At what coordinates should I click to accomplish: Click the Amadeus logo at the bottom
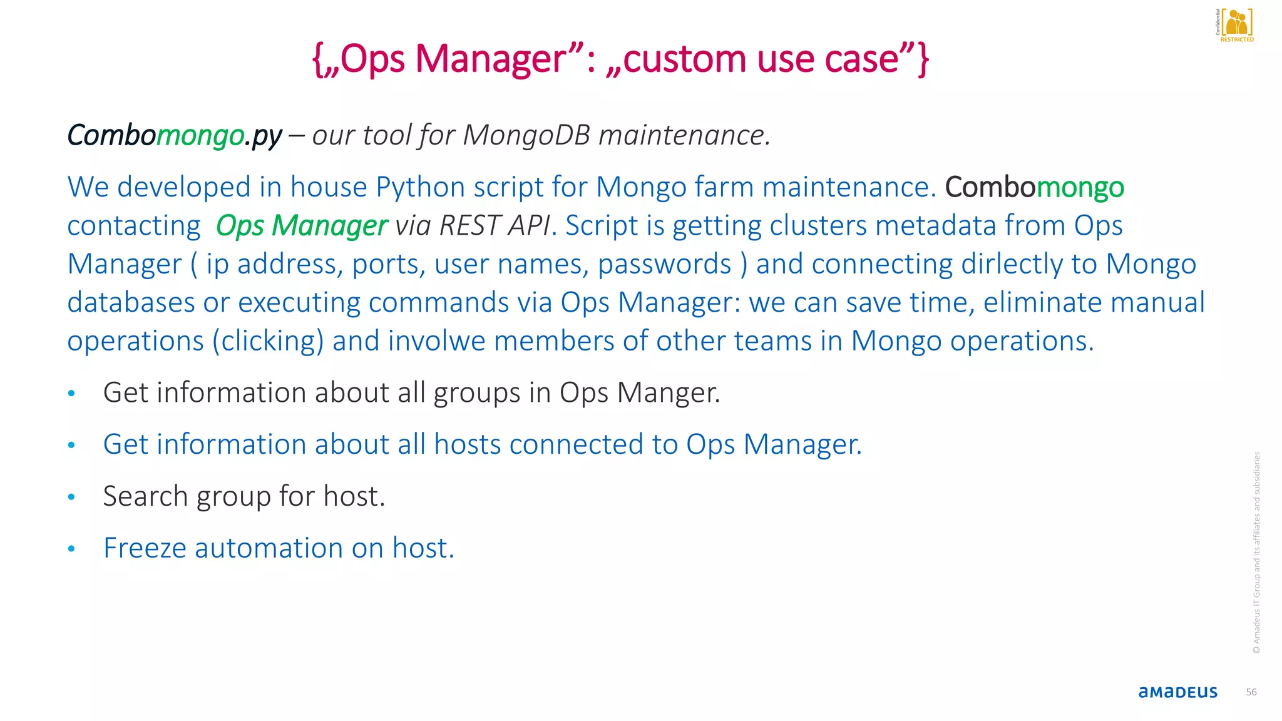(x=1177, y=692)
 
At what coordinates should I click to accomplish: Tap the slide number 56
(x=1251, y=692)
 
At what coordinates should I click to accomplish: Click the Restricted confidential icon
(x=1236, y=25)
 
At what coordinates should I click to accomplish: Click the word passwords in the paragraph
(x=664, y=264)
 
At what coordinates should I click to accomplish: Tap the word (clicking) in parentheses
(x=268, y=341)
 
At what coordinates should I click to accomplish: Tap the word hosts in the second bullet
(x=468, y=444)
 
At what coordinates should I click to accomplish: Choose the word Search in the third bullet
(x=145, y=496)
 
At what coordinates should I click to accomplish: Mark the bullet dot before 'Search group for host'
(x=71, y=498)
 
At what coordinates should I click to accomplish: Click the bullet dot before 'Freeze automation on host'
(x=71, y=549)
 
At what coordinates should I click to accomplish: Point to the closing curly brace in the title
(x=923, y=59)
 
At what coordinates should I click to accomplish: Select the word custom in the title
(x=685, y=59)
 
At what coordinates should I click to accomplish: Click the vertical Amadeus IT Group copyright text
(x=1256, y=553)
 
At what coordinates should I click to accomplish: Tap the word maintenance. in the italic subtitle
(x=684, y=135)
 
